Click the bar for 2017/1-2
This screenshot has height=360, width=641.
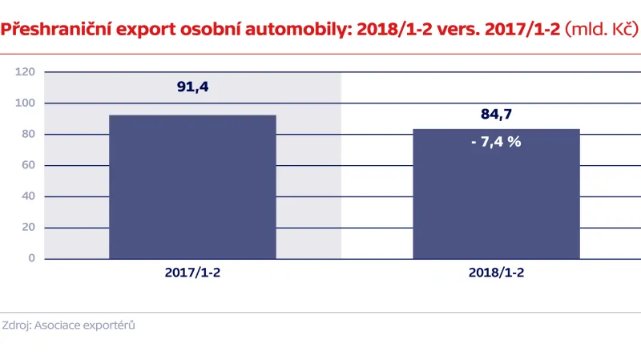pos(192,187)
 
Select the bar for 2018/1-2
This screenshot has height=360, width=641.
pos(496,193)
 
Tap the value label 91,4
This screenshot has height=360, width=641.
pos(192,86)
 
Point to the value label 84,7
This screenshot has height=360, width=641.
pos(496,115)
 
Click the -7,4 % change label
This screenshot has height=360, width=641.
pos(496,142)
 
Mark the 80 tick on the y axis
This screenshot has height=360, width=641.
pos(28,135)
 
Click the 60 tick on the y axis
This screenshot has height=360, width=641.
pos(28,165)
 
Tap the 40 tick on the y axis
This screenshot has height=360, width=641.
pos(28,196)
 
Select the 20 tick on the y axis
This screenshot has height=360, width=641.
pos(28,228)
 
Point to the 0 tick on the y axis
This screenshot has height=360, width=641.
pos(31,258)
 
